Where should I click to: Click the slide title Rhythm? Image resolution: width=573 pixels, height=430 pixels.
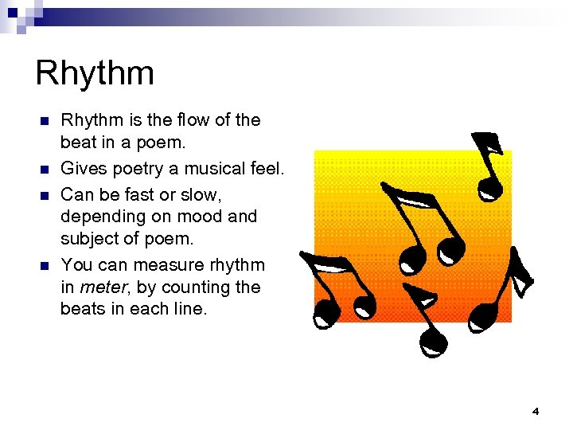95,74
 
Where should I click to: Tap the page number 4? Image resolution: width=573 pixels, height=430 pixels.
535,411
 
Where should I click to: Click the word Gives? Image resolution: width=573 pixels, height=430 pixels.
84,168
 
